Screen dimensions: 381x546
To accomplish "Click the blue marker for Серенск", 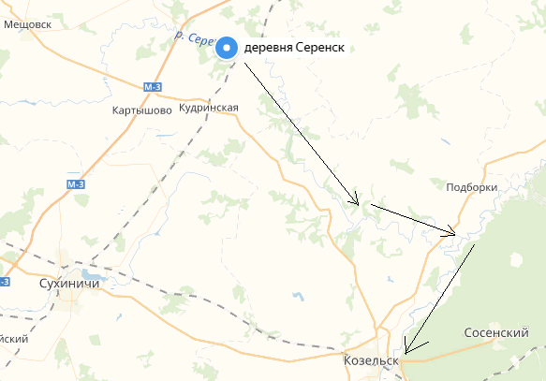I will pyautogui.click(x=228, y=49).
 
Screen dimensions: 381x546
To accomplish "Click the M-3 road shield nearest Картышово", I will pyautogui.click(x=155, y=87).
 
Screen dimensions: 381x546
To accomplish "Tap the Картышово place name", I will pyautogui.click(x=141, y=110).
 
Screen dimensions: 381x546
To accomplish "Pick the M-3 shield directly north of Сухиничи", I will pyautogui.click(x=77, y=184).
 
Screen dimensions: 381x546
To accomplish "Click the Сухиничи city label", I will pyautogui.click(x=70, y=281).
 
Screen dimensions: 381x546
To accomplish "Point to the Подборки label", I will pyautogui.click(x=471, y=187).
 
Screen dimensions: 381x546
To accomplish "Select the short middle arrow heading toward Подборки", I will pyautogui.click(x=412, y=217).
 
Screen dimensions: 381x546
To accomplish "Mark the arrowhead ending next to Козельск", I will pyautogui.click(x=406, y=352).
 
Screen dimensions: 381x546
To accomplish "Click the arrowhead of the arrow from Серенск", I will pyautogui.click(x=356, y=201).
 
